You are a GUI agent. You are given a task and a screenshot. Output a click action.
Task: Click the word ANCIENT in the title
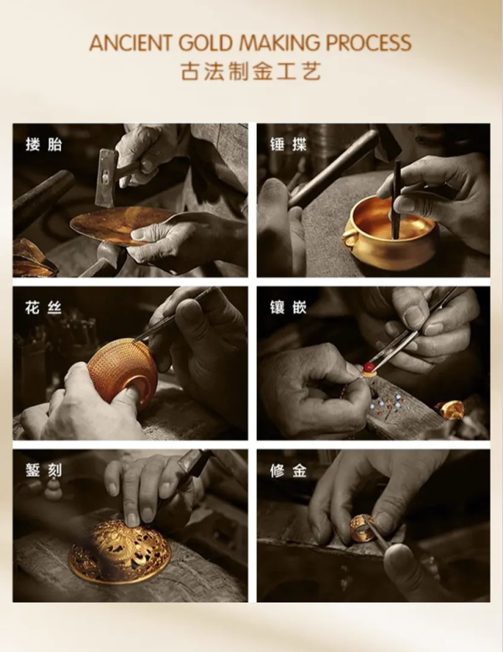(x=131, y=43)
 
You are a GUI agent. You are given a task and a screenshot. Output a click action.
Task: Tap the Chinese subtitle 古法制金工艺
(x=251, y=72)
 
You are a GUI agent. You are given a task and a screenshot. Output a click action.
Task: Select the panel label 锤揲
(x=289, y=145)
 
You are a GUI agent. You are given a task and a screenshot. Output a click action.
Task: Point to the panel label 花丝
(x=43, y=308)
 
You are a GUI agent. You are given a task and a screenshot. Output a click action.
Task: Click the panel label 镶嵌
(x=289, y=308)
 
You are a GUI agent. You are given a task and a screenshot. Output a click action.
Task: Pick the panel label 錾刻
(x=43, y=470)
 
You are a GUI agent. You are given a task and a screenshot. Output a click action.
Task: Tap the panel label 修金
(x=289, y=470)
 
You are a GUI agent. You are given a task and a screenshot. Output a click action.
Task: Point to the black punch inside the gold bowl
(x=395, y=201)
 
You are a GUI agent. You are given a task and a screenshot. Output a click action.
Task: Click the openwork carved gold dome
(x=119, y=550)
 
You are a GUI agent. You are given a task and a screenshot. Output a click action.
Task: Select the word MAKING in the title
(x=280, y=43)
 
